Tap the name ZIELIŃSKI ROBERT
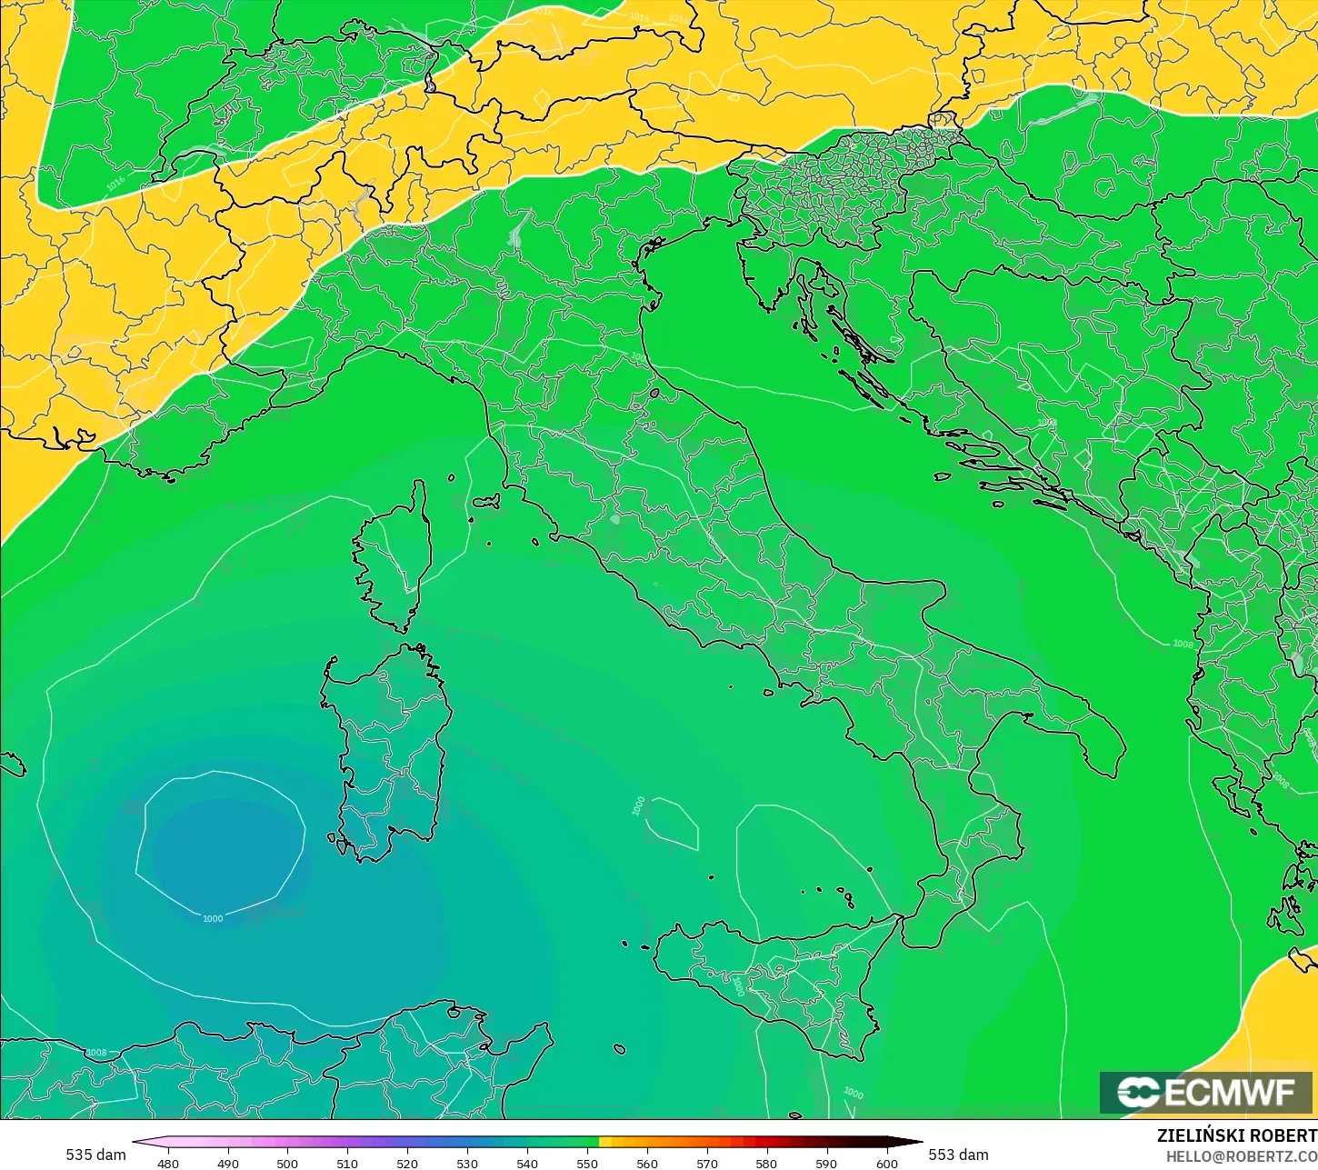(x=1236, y=1135)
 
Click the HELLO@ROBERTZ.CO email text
(x=1242, y=1155)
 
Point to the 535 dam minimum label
(x=95, y=1155)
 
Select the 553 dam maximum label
(x=958, y=1155)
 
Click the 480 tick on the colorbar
(x=168, y=1163)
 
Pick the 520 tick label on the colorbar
(x=407, y=1163)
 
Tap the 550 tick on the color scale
(x=587, y=1163)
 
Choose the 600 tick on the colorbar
(x=886, y=1163)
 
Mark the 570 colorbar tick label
(x=707, y=1163)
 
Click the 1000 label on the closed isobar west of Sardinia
(x=213, y=918)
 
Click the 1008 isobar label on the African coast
(x=96, y=1053)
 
